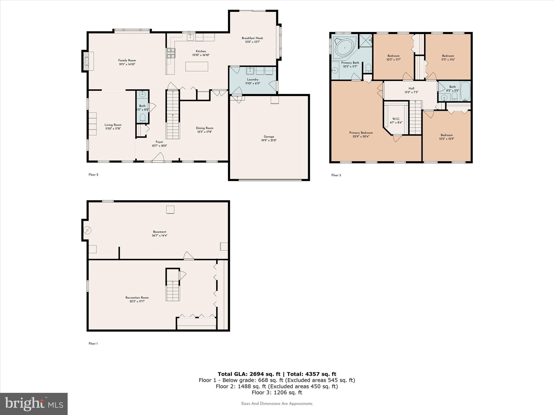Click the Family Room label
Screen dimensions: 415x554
127,61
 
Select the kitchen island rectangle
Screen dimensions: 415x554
197,66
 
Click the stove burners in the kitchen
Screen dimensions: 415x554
171,53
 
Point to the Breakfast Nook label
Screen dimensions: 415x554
252,38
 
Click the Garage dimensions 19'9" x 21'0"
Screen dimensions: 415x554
269,140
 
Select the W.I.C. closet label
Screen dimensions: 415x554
396,119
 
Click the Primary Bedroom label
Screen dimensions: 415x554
361,133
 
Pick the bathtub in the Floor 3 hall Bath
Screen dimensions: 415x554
465,91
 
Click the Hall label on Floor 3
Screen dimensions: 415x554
411,88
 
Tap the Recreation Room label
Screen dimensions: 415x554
137,297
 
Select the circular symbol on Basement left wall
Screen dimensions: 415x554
87,230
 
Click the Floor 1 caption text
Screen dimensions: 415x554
93,344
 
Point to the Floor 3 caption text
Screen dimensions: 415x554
336,175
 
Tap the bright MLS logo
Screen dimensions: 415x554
34,404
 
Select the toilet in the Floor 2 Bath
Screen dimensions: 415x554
143,118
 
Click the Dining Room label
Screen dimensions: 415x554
205,128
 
